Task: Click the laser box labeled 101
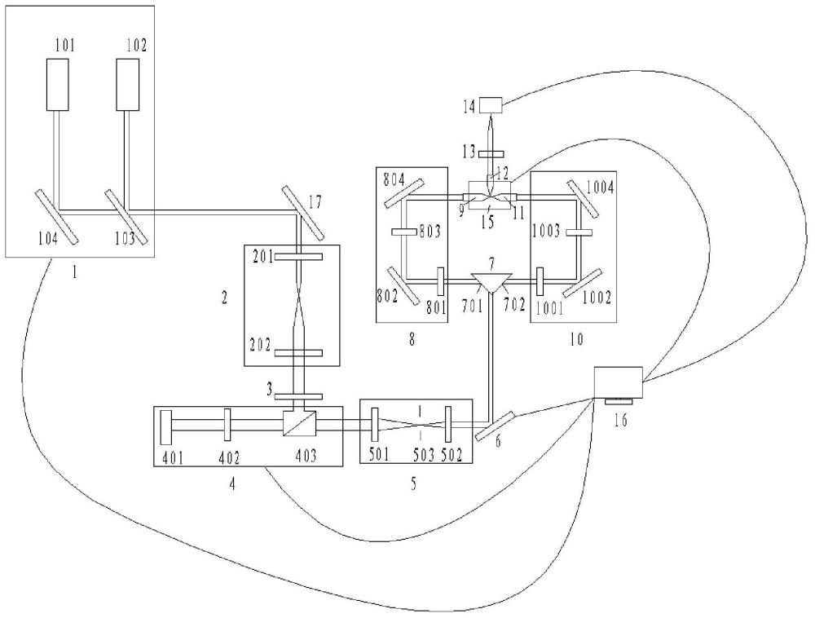tap(58, 85)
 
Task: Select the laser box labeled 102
tap(127, 85)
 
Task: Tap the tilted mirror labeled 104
tap(57, 216)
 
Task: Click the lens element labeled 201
tap(299, 256)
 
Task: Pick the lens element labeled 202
tap(299, 354)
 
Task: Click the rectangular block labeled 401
tap(166, 427)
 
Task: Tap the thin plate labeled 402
tap(227, 424)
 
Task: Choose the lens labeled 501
tap(374, 424)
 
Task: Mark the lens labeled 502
tap(447, 424)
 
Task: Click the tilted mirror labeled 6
tap(496, 426)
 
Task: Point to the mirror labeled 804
tap(404, 192)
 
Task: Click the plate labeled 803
tap(406, 232)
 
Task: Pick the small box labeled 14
tap(490, 105)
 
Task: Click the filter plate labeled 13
tap(491, 154)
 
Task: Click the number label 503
tap(423, 456)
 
